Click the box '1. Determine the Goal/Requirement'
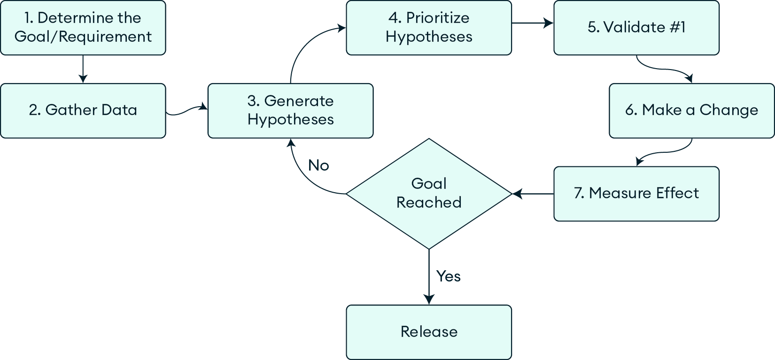click(x=83, y=28)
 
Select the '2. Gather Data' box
click(x=83, y=110)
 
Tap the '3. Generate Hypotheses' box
click(x=290, y=110)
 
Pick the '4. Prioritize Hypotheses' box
click(x=428, y=28)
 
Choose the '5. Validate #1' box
click(x=636, y=28)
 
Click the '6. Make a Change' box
click(x=691, y=110)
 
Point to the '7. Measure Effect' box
click(x=636, y=193)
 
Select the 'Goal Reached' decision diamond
click(x=428, y=193)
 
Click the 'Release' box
click(x=428, y=332)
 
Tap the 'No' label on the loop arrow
click(x=318, y=165)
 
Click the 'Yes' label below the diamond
click(x=448, y=276)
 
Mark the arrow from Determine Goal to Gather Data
click(x=83, y=69)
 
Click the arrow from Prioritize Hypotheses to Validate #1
click(x=532, y=23)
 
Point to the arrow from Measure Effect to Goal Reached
click(x=533, y=193)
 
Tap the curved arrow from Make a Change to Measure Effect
click(x=665, y=152)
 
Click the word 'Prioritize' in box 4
click(x=437, y=18)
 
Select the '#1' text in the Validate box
click(x=677, y=27)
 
